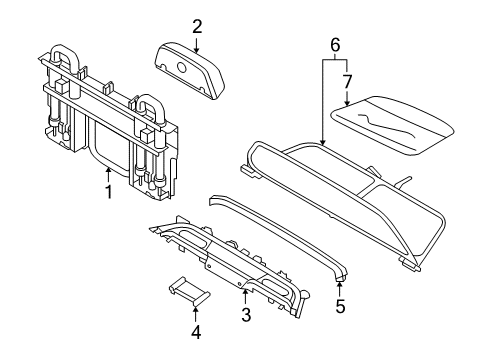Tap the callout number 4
(x=196, y=331)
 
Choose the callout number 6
(x=336, y=44)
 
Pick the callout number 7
(x=348, y=79)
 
